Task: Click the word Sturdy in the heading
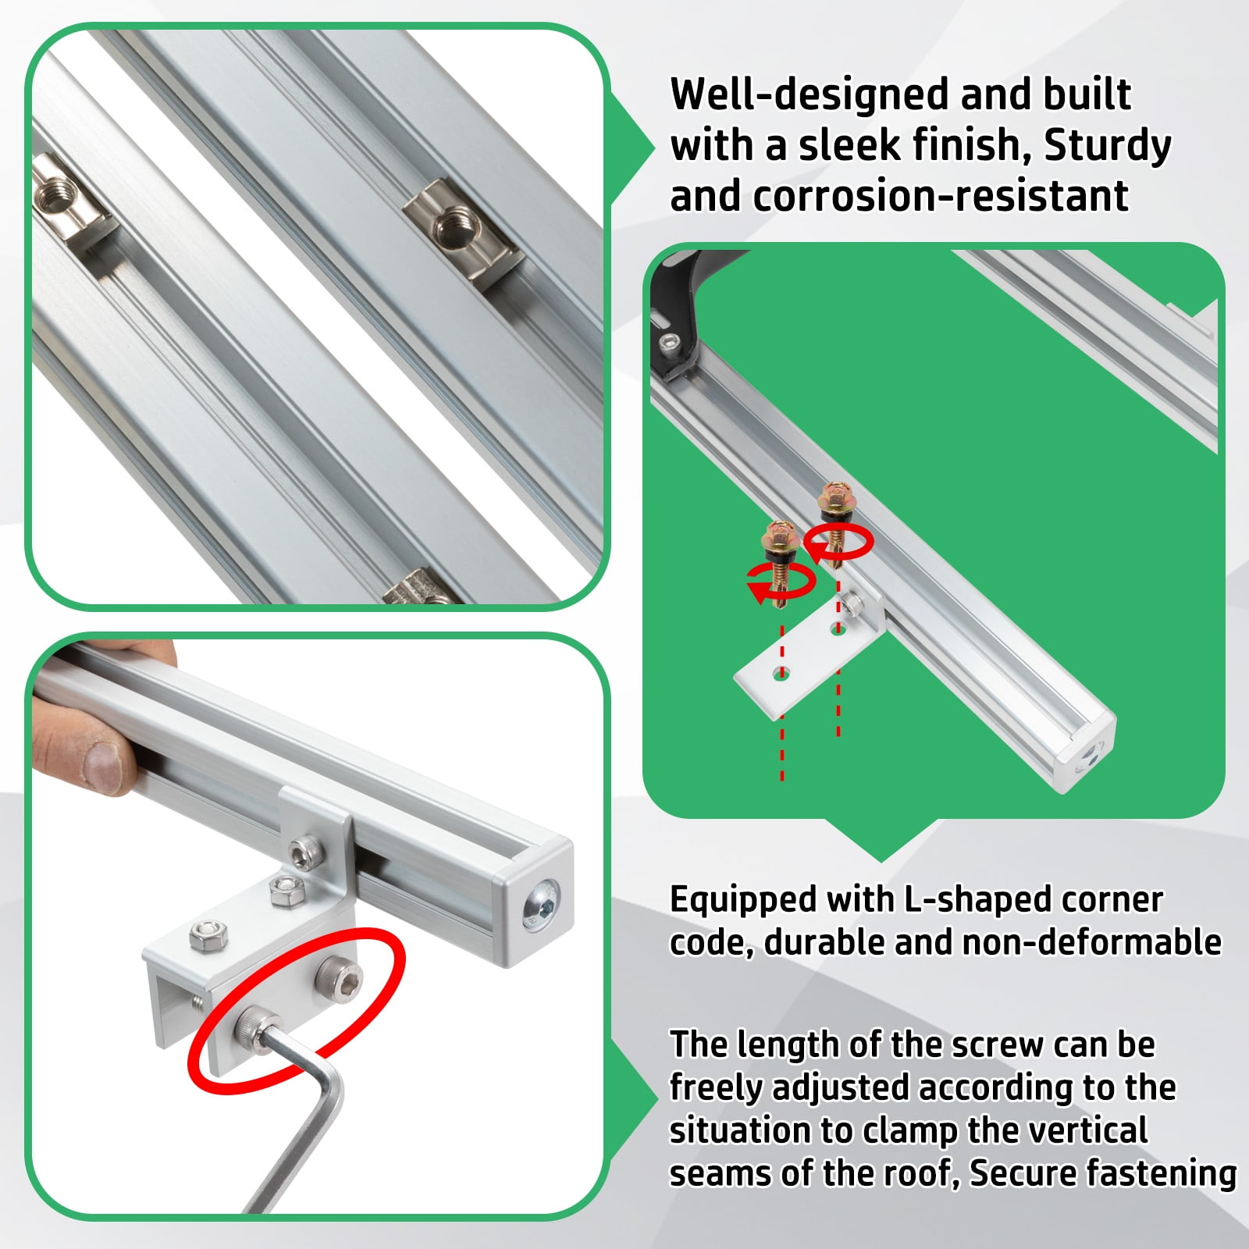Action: click(1107, 146)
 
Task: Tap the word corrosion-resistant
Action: click(941, 196)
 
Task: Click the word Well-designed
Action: click(809, 94)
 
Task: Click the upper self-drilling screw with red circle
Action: click(835, 507)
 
